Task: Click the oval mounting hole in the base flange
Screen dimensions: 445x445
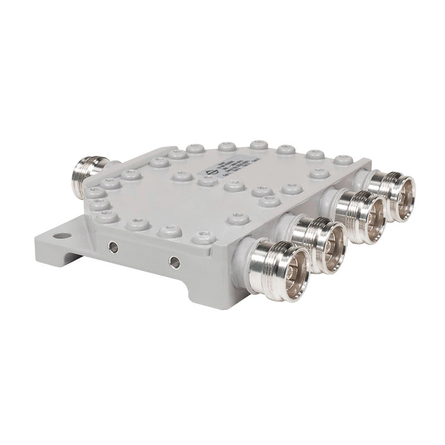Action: [62, 236]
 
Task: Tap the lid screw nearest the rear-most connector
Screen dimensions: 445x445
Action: [343, 161]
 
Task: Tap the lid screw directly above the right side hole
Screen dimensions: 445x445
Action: [170, 230]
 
